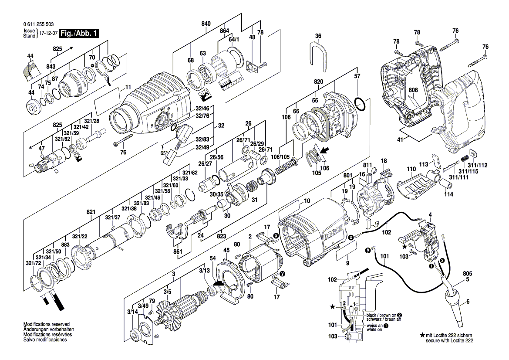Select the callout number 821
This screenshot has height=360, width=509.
pyautogui.click(x=91, y=211)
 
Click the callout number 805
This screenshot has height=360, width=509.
pyautogui.click(x=468, y=274)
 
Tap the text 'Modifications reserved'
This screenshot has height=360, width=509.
pyautogui.click(x=46, y=325)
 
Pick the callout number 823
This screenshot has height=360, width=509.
pyautogui.click(x=222, y=236)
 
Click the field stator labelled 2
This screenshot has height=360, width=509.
pyautogui.click(x=259, y=264)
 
